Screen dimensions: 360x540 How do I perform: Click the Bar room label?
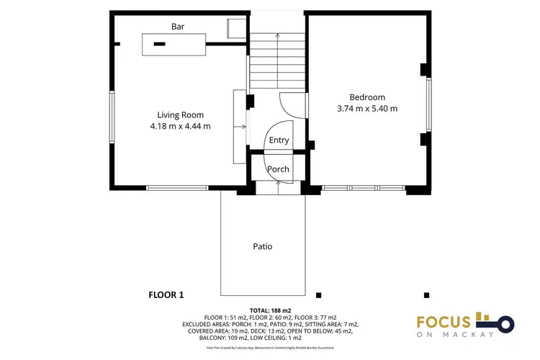[x=178, y=27]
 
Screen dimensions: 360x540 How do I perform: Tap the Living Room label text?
[x=180, y=114]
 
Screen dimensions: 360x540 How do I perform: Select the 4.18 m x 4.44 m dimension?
[x=180, y=126]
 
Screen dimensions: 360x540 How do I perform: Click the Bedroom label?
[x=367, y=97]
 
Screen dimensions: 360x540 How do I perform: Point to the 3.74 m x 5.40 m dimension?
[x=367, y=109]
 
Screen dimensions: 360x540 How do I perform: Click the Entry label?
[x=279, y=141]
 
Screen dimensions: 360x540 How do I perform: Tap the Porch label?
[x=278, y=169]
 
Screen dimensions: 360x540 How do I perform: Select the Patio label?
[x=262, y=246]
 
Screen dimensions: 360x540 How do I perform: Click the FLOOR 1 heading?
[x=166, y=294]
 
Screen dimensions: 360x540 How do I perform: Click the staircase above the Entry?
[x=277, y=61]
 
